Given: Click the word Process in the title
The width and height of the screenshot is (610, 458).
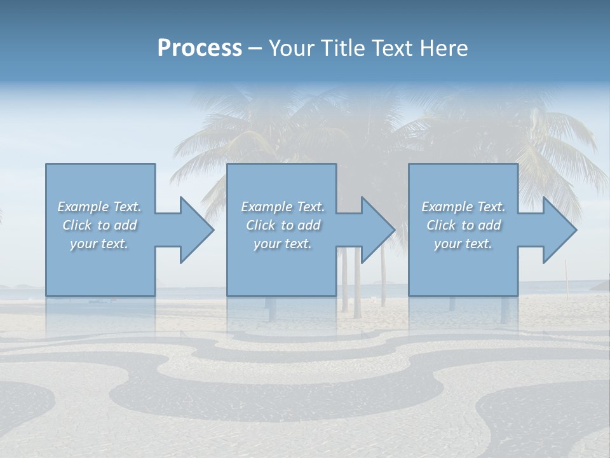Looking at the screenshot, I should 200,48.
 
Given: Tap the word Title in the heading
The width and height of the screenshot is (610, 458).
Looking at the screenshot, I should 344,48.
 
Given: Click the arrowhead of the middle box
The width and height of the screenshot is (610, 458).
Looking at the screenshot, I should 377,230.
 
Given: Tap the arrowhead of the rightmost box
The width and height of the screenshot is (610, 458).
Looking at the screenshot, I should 559,230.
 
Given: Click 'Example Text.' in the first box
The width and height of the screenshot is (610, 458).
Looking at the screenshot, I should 100,207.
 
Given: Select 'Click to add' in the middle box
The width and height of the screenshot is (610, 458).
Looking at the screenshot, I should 283,225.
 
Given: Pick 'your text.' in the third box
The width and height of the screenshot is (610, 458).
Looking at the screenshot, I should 463,244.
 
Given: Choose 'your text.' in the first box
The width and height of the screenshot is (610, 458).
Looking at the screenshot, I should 100,244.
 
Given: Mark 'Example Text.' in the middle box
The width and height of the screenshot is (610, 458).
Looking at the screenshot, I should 283,207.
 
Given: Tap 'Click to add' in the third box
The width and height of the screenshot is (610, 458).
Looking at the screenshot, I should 463,225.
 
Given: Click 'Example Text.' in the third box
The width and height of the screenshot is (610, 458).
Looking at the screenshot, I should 463,207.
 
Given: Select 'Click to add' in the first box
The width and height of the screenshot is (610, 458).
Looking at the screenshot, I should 100,225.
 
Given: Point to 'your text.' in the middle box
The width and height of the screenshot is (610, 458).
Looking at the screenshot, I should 283,244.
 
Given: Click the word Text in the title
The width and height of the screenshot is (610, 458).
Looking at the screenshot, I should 389,48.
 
